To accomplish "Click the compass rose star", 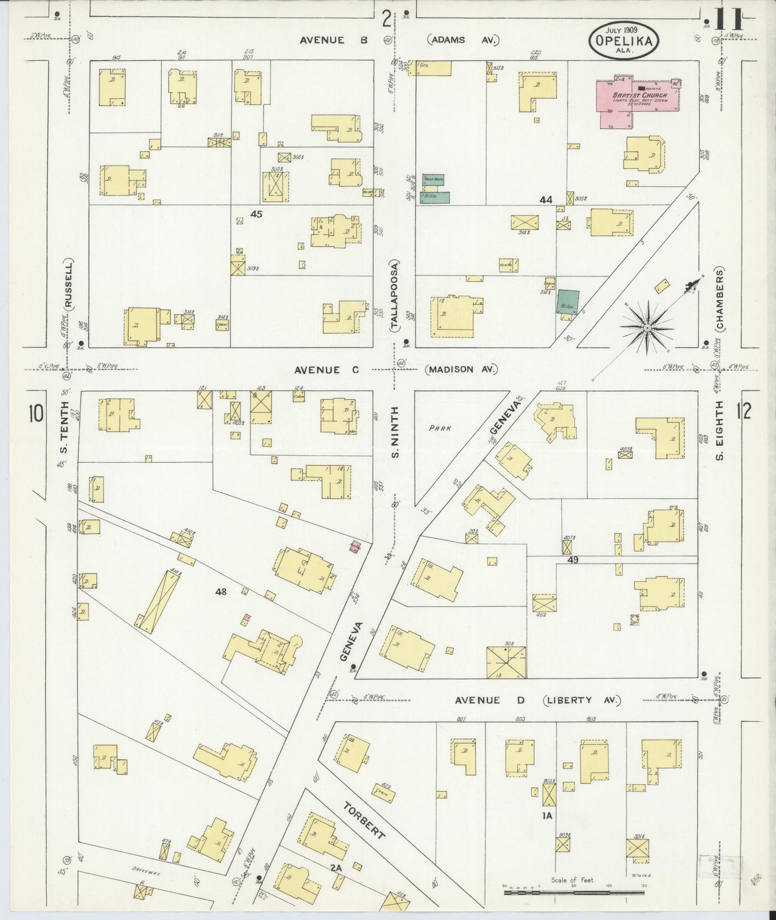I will point(648,327).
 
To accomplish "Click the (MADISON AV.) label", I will point(462,369).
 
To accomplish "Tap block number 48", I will point(221,592).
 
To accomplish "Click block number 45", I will point(256,214).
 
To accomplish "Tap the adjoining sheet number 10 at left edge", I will point(37,415).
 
